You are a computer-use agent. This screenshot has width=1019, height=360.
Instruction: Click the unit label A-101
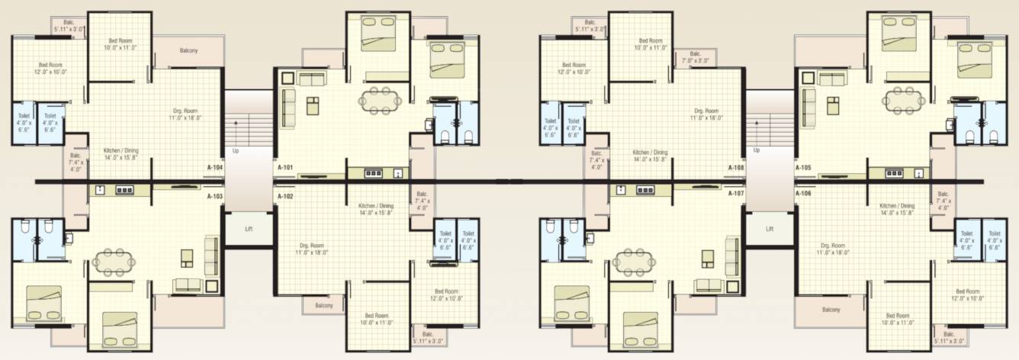[x=285, y=167]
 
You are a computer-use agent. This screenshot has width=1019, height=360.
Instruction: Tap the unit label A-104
[x=214, y=167]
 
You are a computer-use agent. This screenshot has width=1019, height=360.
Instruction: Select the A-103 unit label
[x=214, y=196]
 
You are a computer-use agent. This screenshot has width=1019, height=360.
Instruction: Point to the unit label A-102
[x=285, y=196]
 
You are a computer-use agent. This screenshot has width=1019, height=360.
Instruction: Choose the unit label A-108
[x=736, y=167]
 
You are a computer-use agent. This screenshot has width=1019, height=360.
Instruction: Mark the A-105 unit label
[x=802, y=167]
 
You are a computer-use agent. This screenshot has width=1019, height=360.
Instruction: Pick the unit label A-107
[x=736, y=194]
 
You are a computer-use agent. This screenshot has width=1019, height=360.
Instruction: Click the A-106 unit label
[x=802, y=194]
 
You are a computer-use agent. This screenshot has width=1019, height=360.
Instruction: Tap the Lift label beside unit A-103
[x=248, y=229]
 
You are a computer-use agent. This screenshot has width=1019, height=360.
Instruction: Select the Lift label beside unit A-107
[x=770, y=229]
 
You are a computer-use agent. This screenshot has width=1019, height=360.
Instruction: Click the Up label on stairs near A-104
[x=235, y=151]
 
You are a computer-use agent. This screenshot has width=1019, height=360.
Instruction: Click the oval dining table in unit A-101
[x=380, y=101]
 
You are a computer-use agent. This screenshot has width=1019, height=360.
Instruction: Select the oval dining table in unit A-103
[x=112, y=262]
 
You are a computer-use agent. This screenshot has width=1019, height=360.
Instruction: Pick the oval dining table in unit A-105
[x=902, y=101]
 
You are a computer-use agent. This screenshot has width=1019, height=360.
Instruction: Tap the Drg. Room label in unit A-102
[x=313, y=248]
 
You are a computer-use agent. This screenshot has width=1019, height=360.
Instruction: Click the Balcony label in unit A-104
[x=188, y=51]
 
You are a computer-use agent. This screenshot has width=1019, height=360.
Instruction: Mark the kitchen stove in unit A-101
[x=373, y=173]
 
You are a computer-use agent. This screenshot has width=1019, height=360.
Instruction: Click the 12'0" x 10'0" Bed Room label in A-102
[x=446, y=295]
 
